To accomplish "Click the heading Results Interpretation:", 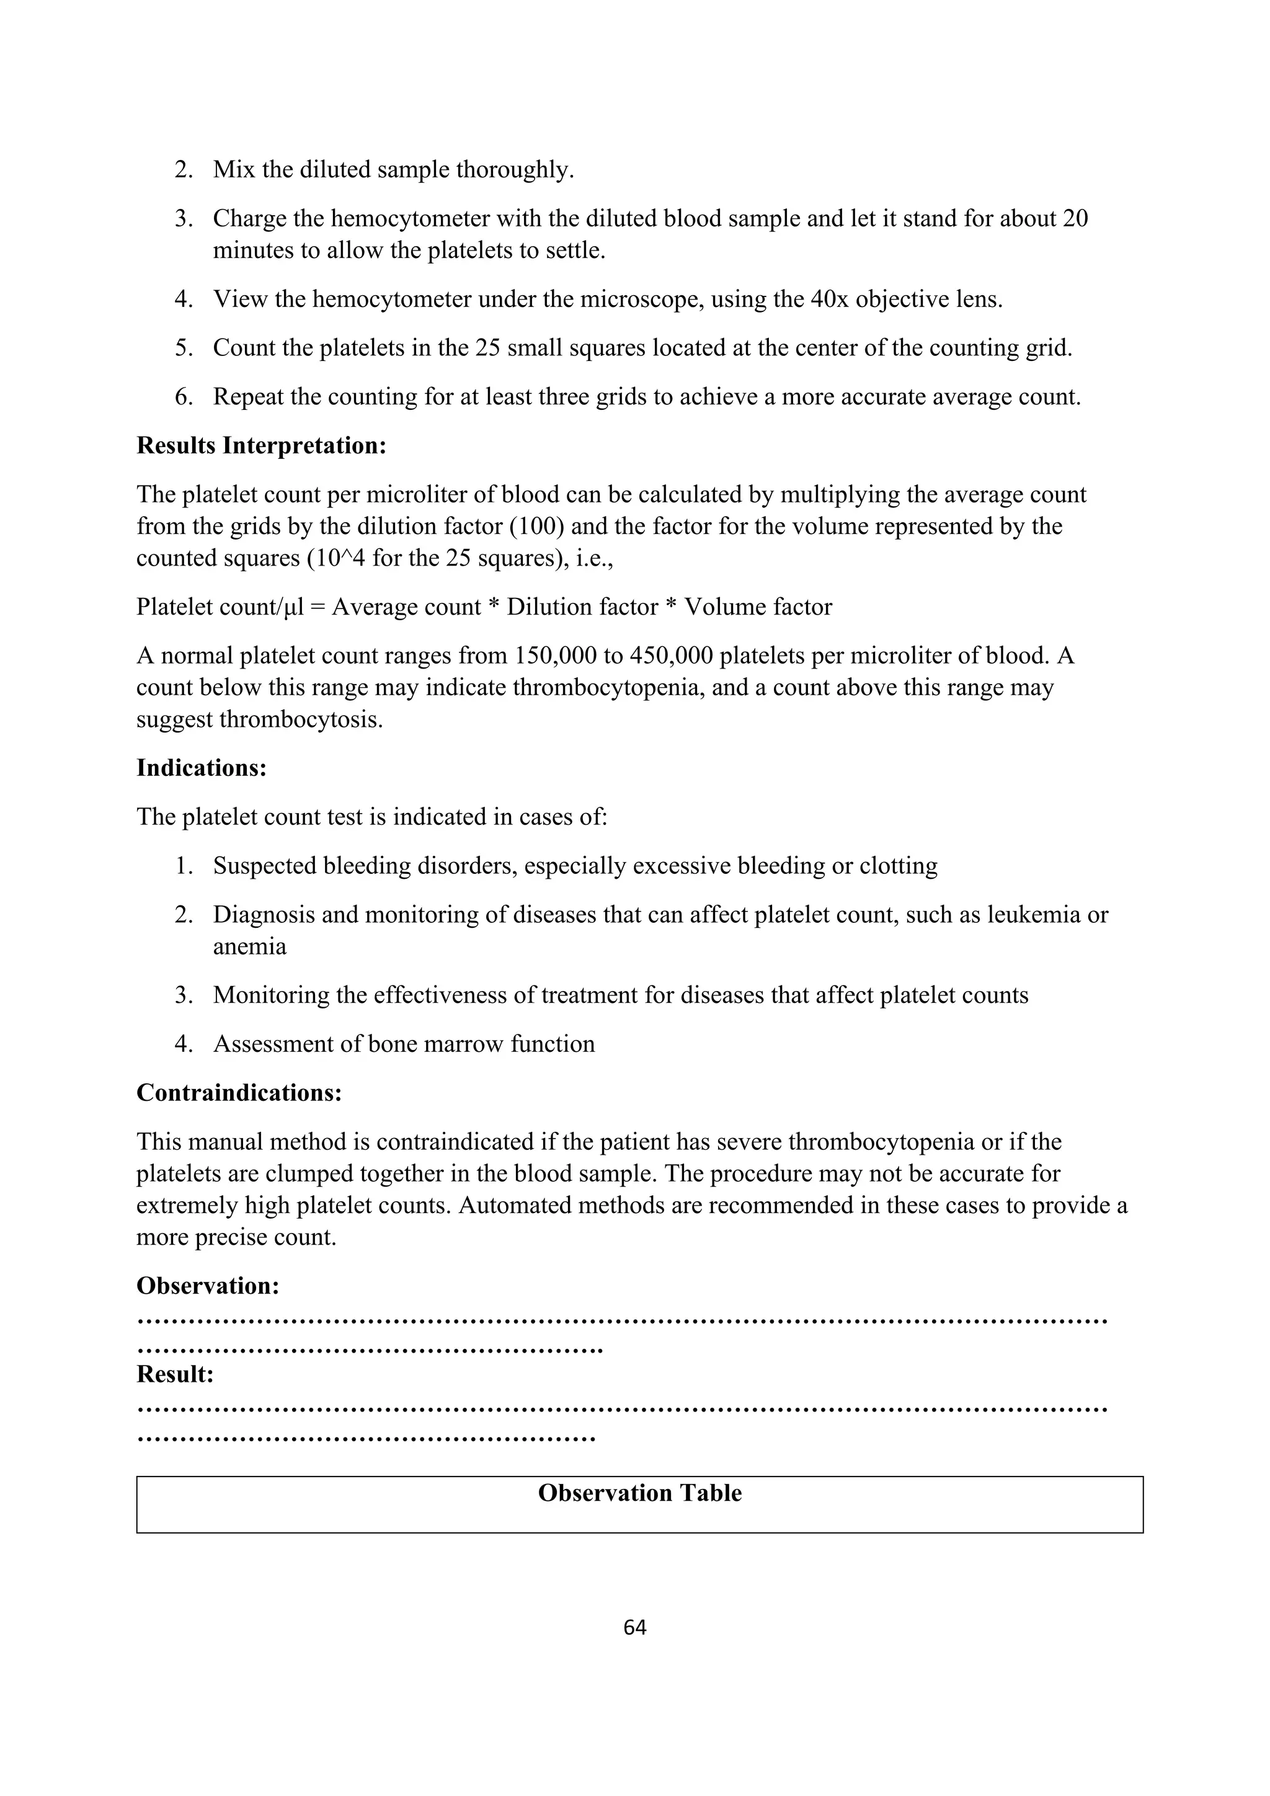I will pyautogui.click(x=261, y=446).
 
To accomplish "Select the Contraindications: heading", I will pyautogui.click(x=239, y=1093).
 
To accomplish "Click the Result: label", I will pyautogui.click(x=175, y=1374).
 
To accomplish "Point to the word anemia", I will pyautogui.click(x=249, y=946).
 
